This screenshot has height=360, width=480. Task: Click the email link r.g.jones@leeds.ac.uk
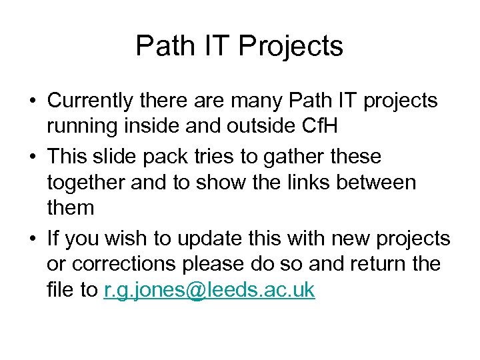coord(209,291)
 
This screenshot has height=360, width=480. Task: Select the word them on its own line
coord(71,207)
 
